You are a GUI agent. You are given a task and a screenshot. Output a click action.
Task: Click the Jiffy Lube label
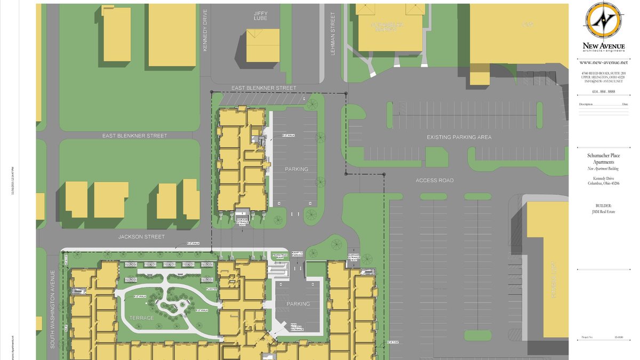(260, 15)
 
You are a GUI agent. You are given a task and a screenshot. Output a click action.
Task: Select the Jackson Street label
(141, 236)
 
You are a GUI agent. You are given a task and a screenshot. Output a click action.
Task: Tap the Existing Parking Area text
(459, 137)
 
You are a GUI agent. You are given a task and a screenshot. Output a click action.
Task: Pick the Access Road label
(435, 180)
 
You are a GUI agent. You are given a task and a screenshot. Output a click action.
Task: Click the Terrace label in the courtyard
(141, 318)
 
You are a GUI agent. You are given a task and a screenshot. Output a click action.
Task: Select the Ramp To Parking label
(297, 254)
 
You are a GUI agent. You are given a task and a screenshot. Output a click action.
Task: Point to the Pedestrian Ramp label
(280, 256)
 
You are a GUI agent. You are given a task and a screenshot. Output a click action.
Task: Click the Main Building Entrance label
(297, 326)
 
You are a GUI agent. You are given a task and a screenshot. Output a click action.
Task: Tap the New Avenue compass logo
(604, 20)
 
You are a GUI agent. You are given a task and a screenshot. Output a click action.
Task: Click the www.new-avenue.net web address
(604, 62)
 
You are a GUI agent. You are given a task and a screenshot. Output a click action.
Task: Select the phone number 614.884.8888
(604, 91)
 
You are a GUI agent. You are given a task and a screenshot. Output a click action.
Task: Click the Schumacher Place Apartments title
(604, 158)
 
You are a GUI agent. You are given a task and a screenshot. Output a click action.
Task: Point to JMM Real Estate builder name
(604, 212)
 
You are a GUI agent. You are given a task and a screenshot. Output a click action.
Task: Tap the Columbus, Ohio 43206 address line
(604, 183)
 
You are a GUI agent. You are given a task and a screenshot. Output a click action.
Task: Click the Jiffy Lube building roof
(262, 45)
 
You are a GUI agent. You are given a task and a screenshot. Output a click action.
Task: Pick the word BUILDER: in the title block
(604, 205)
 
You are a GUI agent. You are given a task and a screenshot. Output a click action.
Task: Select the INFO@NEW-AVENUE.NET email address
(604, 81)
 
